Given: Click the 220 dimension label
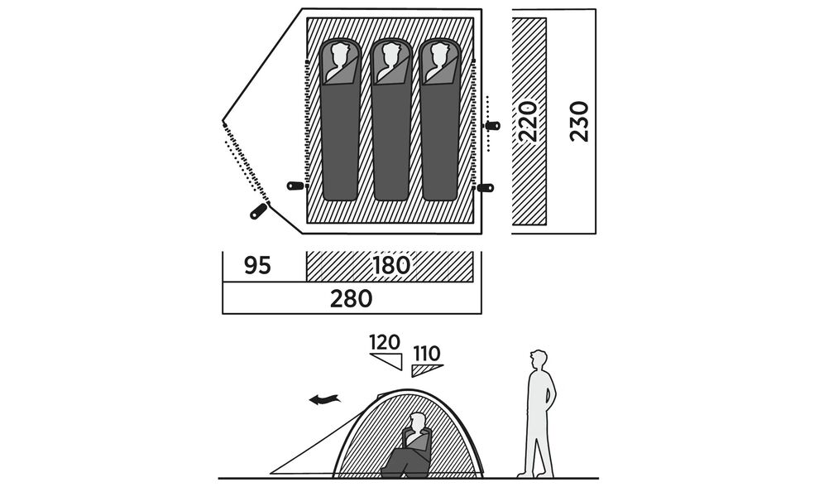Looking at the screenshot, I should (529, 121).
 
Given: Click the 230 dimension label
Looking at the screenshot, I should (579, 121).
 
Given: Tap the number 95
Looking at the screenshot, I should (257, 266).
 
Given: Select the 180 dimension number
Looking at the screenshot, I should (391, 266).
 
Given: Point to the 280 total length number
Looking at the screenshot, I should (351, 298).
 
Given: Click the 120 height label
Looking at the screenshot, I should (385, 342).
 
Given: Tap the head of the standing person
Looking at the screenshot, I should (539, 360).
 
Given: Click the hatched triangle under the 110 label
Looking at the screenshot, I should (425, 369).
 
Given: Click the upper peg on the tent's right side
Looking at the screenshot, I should (492, 125).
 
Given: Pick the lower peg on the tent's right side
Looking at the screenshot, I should (486, 188).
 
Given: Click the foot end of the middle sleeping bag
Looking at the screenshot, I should (390, 192).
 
